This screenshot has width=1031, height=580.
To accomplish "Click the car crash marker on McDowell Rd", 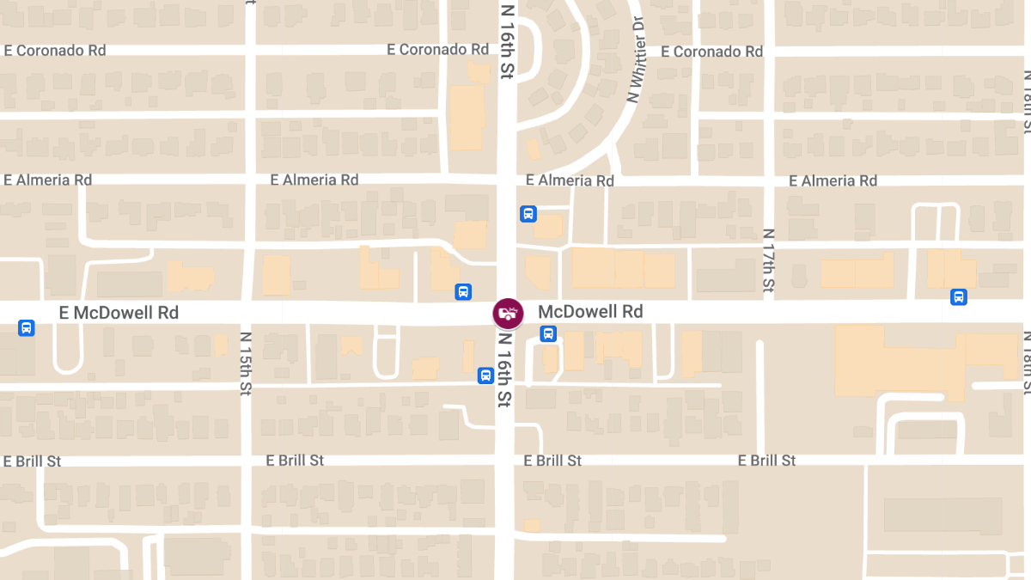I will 507,313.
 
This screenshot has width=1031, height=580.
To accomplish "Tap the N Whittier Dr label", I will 636,60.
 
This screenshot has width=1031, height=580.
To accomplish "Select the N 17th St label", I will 769,259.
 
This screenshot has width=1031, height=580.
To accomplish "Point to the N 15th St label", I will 246,363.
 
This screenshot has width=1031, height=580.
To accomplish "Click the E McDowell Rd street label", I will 119,313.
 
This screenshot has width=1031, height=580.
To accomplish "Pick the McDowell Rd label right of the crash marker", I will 590,311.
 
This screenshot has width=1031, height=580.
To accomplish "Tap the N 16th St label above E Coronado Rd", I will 507,41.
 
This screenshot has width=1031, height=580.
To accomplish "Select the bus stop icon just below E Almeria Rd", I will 528,214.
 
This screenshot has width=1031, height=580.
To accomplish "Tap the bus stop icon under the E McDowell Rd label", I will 27,327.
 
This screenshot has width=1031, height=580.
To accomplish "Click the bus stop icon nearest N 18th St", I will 959,297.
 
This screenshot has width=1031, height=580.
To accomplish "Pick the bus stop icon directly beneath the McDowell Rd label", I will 548,334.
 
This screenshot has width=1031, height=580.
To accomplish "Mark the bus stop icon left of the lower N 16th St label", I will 485,375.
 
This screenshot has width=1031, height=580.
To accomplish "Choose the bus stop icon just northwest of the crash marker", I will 463,292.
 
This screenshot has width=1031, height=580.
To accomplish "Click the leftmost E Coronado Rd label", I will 55,50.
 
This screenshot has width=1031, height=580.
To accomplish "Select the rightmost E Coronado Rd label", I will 712,52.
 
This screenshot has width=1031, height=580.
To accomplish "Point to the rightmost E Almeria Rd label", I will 833,180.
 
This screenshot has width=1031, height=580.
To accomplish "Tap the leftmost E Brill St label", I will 33,461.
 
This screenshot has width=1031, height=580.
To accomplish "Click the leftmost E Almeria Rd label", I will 48,180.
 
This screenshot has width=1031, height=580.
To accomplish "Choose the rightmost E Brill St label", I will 766,461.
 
